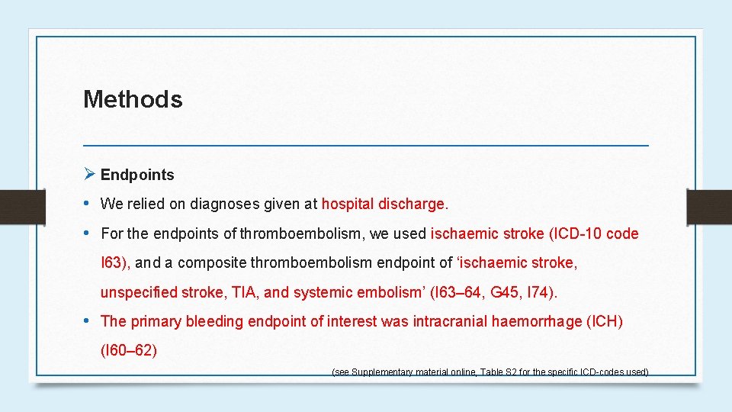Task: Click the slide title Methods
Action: click(x=133, y=99)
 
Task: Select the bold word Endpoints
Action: click(x=137, y=175)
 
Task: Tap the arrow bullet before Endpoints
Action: click(x=88, y=174)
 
